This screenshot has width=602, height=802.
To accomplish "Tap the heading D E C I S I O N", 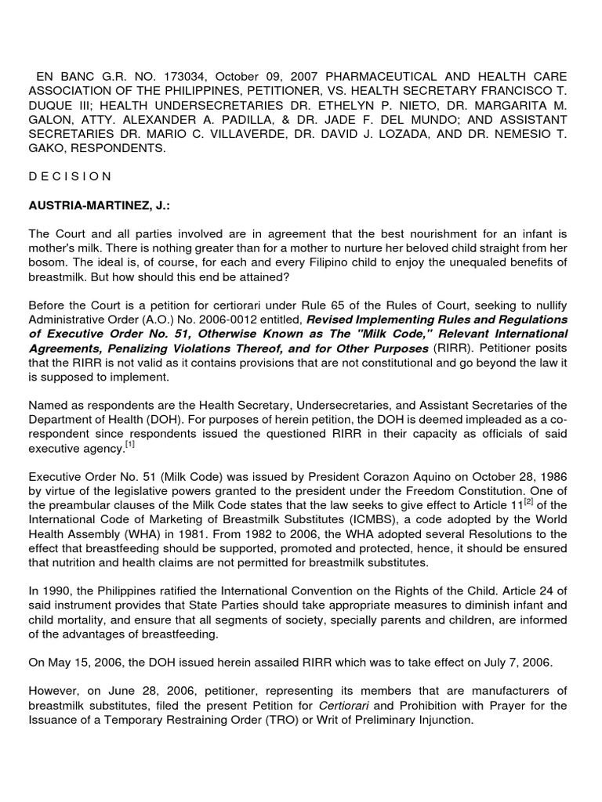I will [70, 176].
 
